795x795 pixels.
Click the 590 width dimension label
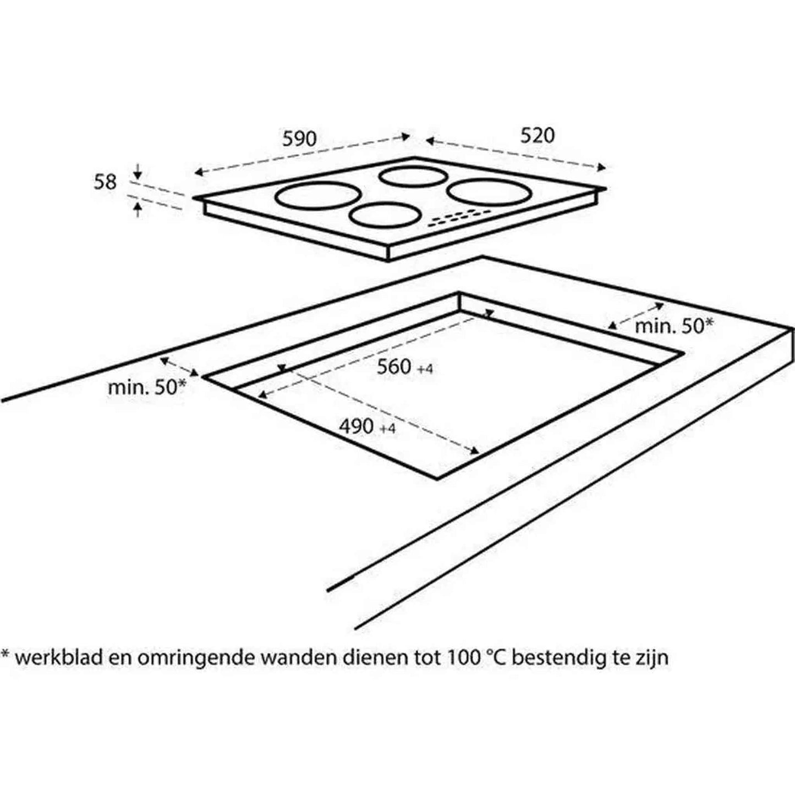[x=299, y=139]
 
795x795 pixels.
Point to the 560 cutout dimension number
[x=394, y=366]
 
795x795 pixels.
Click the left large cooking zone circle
[x=318, y=197]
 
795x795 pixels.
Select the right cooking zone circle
[x=490, y=192]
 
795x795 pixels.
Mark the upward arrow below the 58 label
[x=138, y=209]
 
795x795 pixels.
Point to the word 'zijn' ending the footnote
[x=652, y=659]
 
